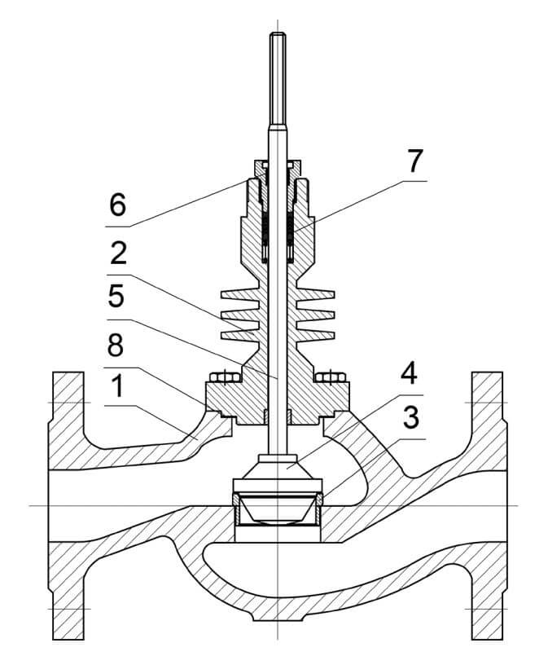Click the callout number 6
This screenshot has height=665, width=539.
tap(118, 205)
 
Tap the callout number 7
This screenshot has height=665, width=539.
tap(414, 161)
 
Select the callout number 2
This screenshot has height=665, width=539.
tap(118, 253)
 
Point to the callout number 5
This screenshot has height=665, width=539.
tap(116, 296)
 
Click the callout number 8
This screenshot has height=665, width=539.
tap(116, 345)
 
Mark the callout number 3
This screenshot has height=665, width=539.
tap(410, 417)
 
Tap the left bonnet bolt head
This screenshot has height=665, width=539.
tap(225, 377)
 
